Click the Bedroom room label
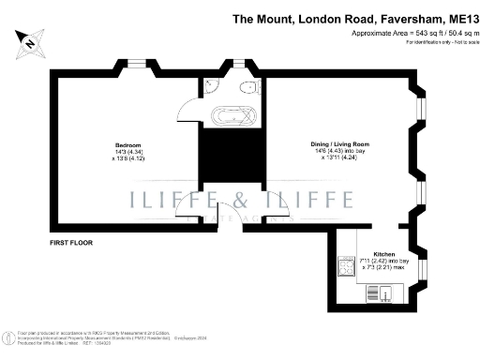[x=128, y=145]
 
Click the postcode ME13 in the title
[x=463, y=17]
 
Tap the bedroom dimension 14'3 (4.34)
[x=128, y=152]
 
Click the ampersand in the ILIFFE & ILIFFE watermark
[x=241, y=199]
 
